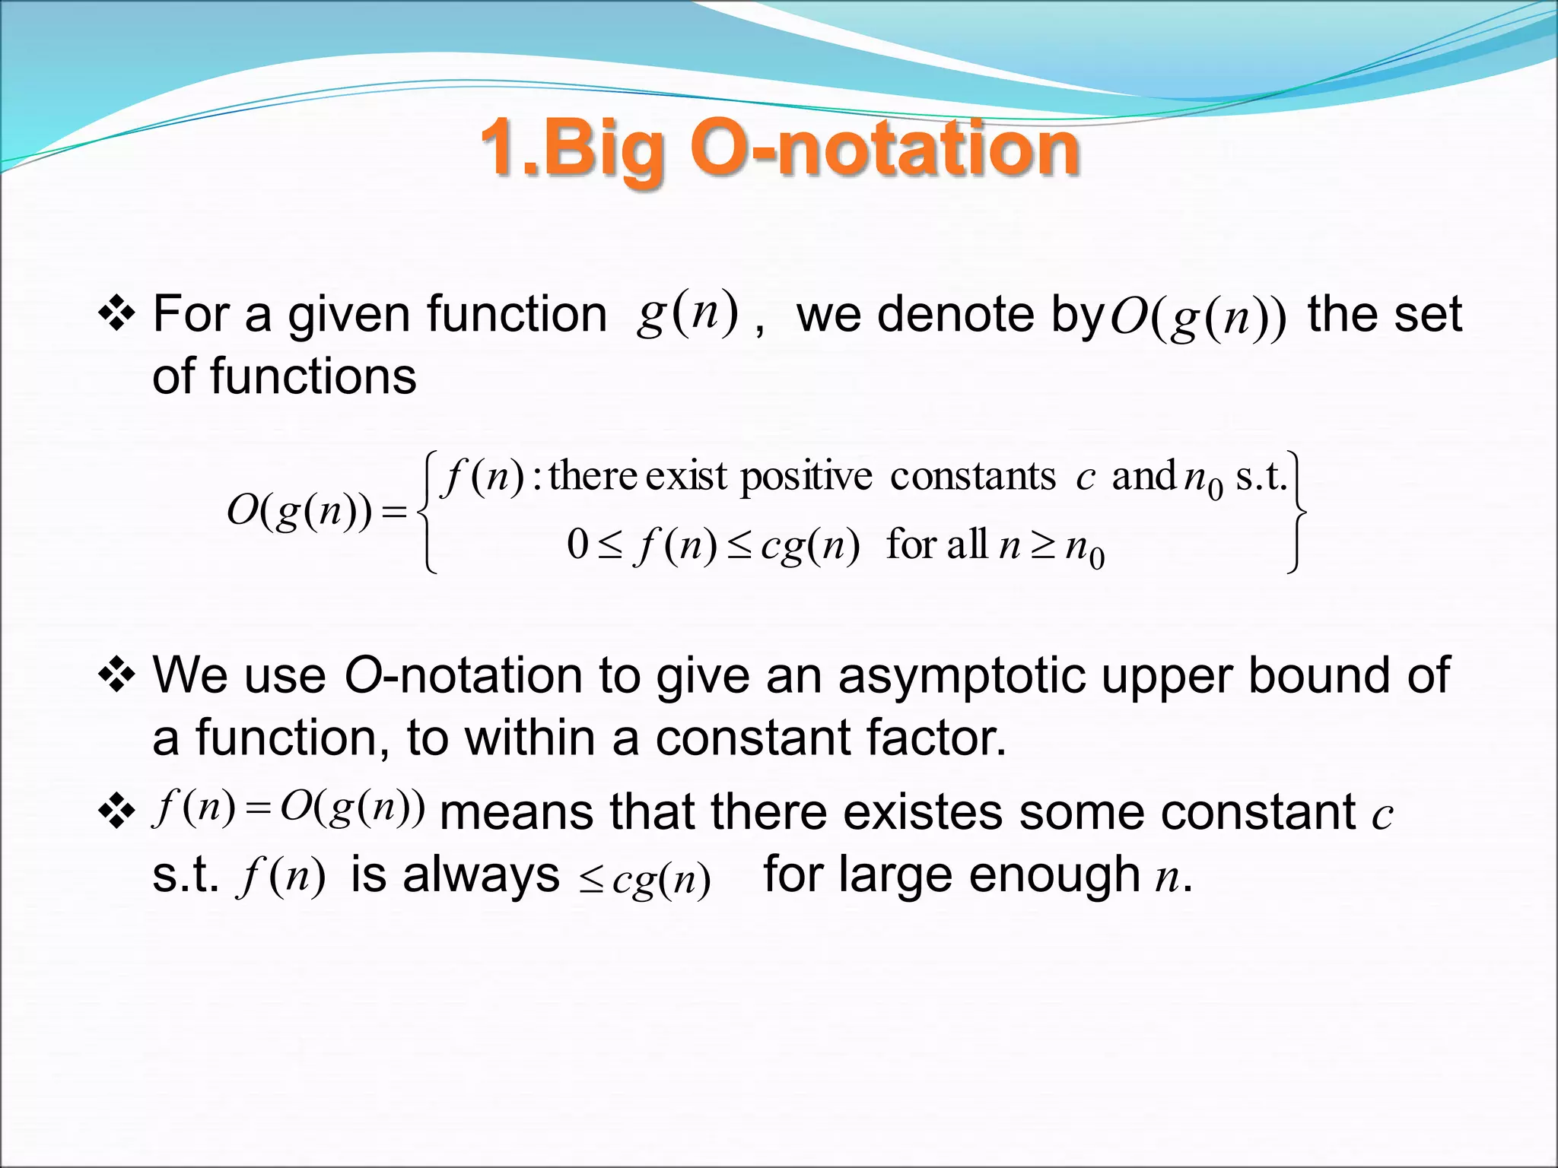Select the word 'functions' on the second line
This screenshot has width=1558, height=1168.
pyautogui.click(x=313, y=376)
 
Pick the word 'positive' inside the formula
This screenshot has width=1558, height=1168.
pyautogui.click(x=806, y=478)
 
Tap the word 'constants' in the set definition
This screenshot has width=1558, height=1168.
pyautogui.click(x=973, y=478)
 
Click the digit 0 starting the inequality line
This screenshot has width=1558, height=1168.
pyautogui.click(x=577, y=544)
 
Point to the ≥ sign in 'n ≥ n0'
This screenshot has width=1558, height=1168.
pyautogui.click(x=1043, y=545)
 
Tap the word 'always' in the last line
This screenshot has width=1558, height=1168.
pyautogui.click(x=481, y=874)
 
